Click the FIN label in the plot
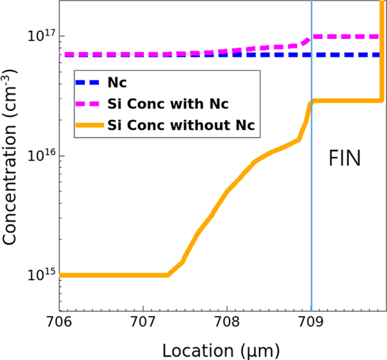(x=344, y=158)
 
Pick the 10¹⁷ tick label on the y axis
(x=40, y=36)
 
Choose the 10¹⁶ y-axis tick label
(x=40, y=155)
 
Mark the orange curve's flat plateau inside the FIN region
(x=346, y=101)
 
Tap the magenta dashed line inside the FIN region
(x=346, y=37)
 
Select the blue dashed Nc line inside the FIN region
(x=346, y=55)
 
